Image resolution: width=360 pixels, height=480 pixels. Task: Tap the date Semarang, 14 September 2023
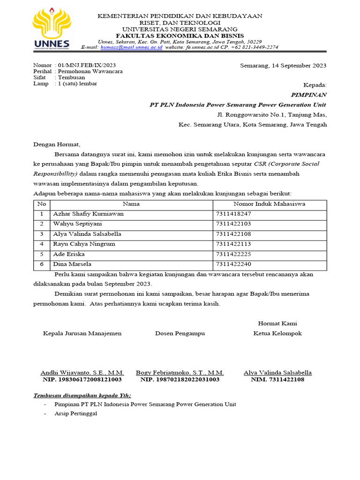pyautogui.click(x=283, y=66)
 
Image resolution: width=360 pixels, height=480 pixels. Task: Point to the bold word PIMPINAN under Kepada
pyautogui.click(x=309, y=95)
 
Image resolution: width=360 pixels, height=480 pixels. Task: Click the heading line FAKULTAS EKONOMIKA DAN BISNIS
pyautogui.click(x=180, y=36)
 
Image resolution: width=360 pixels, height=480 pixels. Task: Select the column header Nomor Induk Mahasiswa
pyautogui.click(x=270, y=204)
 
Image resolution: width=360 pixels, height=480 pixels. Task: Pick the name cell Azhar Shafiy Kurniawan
pyautogui.click(x=89, y=214)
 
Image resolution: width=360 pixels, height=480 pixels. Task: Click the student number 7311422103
pyautogui.click(x=234, y=224)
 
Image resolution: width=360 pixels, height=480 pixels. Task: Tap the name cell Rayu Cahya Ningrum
pyautogui.click(x=84, y=244)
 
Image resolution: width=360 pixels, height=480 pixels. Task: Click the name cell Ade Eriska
pyautogui.click(x=69, y=255)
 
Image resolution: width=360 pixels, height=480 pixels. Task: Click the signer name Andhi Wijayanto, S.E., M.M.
pyautogui.click(x=82, y=373)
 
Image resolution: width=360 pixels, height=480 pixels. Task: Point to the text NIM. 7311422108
pyautogui.click(x=277, y=379)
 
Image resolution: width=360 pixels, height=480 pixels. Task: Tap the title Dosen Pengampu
pyautogui.click(x=180, y=333)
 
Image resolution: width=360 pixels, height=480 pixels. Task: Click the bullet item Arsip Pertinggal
pyautogui.click(x=75, y=413)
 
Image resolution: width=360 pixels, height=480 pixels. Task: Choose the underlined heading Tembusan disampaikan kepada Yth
pyautogui.click(x=82, y=396)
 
